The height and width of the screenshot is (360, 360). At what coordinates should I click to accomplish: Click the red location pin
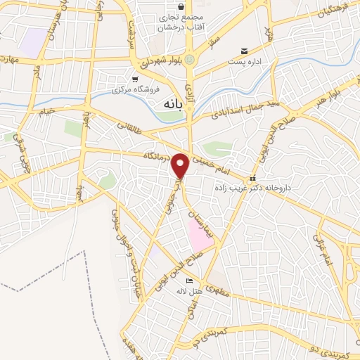tap(181, 166)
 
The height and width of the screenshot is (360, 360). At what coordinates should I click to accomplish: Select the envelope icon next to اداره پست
tap(244, 51)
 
